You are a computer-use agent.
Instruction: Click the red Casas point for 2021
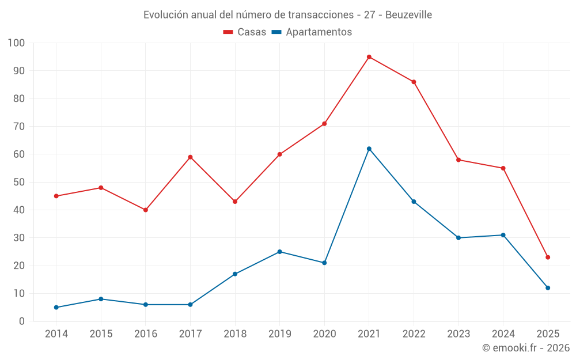click(369, 57)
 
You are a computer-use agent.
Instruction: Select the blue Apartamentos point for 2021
click(369, 149)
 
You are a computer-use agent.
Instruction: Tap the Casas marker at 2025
click(548, 257)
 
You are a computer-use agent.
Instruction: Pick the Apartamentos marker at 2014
click(56, 308)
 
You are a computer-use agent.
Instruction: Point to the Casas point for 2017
click(190, 157)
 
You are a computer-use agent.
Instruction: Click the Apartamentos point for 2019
click(279, 252)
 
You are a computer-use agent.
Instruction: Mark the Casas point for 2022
click(414, 82)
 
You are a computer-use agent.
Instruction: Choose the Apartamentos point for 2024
click(503, 235)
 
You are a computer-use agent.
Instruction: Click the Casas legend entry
click(245, 32)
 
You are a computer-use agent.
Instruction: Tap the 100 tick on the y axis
click(17, 43)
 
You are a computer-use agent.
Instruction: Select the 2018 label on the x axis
click(235, 334)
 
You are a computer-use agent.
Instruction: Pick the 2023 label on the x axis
click(458, 334)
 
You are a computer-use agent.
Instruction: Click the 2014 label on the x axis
click(56, 334)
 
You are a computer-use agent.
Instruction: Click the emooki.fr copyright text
click(526, 348)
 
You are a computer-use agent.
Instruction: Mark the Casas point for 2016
click(145, 210)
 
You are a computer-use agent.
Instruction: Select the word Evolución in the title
click(165, 14)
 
